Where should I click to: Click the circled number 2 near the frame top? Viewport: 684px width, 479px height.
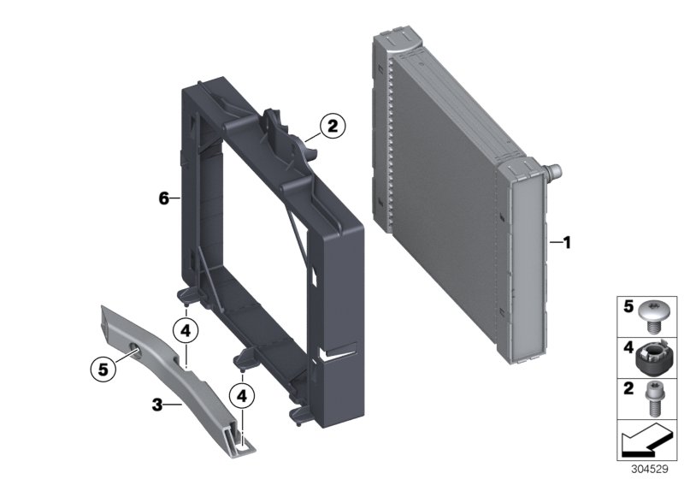click(332, 127)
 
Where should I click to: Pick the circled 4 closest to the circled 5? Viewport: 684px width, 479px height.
click(186, 328)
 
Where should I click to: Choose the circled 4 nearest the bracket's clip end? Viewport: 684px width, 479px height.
click(244, 396)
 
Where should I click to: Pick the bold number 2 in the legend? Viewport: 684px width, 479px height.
click(627, 390)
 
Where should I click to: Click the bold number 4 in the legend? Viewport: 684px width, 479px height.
click(627, 349)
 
